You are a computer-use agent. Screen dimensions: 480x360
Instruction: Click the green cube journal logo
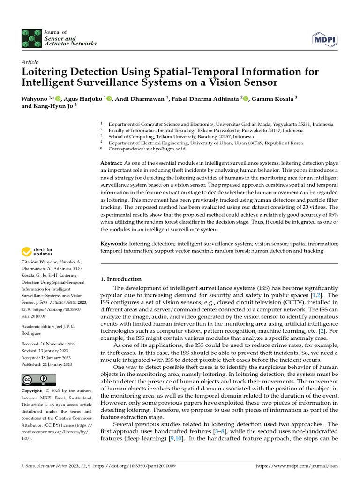(x=31, y=38)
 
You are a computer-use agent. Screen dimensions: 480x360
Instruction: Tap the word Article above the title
(x=30, y=62)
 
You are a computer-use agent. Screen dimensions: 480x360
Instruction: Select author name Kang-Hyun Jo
(x=53, y=106)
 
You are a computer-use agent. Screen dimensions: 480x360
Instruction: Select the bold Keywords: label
(x=114, y=244)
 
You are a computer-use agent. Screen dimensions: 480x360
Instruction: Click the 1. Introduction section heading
(x=121, y=279)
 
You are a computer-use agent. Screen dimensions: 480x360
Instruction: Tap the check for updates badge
(x=38, y=252)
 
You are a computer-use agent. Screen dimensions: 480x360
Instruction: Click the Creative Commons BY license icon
(x=38, y=380)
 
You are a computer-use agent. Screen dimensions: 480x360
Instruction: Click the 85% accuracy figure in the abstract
(x=333, y=214)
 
